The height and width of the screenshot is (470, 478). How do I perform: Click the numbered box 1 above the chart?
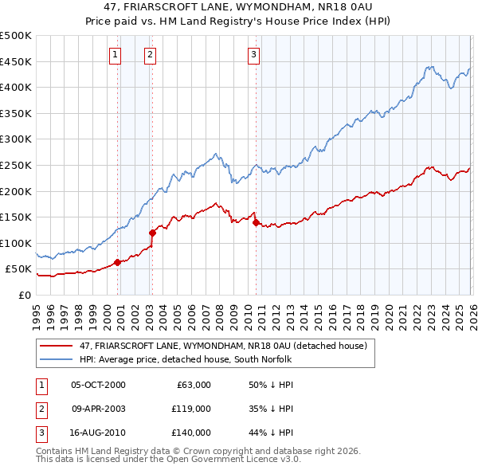116,55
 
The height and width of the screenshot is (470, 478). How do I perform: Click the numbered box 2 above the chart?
150,55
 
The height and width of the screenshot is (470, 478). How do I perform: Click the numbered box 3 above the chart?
253,55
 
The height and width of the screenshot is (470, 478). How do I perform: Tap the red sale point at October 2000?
117,262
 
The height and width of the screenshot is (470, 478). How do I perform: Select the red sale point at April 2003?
152,233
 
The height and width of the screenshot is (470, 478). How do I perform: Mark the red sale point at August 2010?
256,222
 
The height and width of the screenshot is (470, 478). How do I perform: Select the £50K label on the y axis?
19,269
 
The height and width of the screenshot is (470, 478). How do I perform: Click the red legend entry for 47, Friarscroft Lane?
222,346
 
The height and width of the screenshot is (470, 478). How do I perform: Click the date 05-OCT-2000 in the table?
98,385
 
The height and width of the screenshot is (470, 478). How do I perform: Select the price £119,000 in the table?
191,409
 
